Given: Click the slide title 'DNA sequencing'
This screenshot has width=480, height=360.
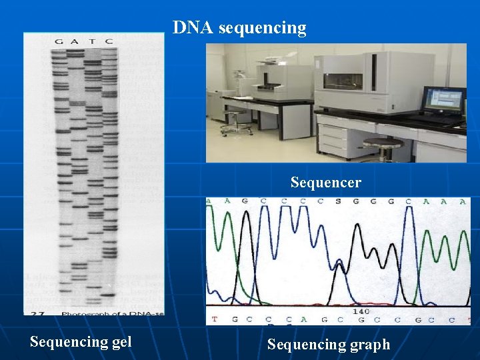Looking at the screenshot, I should click(x=239, y=28).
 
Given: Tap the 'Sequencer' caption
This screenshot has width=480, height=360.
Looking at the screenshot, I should click(x=325, y=182).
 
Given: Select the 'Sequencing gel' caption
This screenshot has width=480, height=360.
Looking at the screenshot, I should click(x=81, y=342).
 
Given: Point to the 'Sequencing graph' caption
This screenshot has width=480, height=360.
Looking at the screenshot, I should click(x=329, y=345).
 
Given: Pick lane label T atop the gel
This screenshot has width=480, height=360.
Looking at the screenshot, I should click(x=93, y=41).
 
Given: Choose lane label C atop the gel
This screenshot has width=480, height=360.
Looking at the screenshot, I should click(x=109, y=41).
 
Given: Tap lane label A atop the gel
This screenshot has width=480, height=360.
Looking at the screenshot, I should click(x=75, y=41).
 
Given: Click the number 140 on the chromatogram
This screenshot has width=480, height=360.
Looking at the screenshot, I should click(x=361, y=311).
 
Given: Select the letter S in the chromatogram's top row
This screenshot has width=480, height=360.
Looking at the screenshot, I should click(x=339, y=201).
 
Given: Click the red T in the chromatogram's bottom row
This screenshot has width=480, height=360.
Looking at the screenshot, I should click(x=214, y=319).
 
